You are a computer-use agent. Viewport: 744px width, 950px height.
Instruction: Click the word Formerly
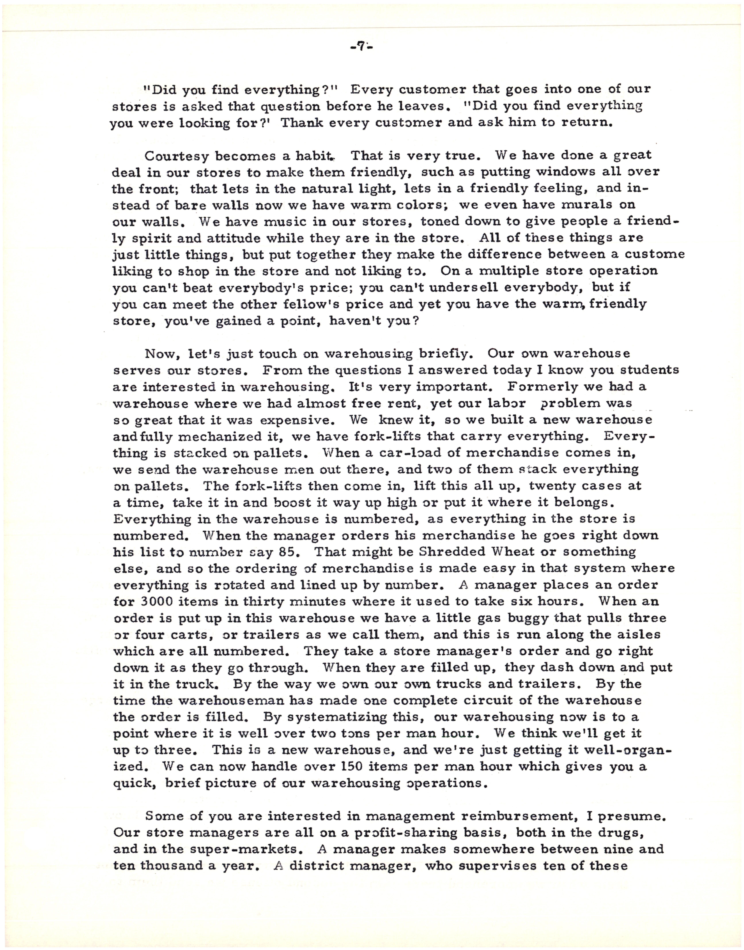click(539, 387)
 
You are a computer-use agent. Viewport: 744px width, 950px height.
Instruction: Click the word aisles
click(641, 635)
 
